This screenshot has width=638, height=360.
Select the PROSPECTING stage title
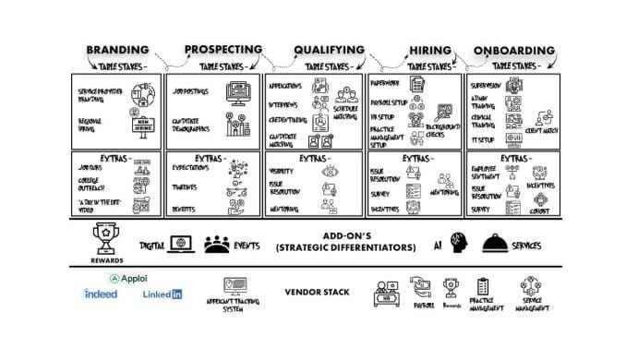coord(223,50)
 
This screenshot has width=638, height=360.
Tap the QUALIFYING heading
coord(330,50)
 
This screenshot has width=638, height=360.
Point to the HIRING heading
coord(429,50)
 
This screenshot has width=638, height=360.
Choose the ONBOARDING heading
coord(515,50)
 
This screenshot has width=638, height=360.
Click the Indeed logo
coord(100,294)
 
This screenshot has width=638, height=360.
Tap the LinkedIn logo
coord(163,294)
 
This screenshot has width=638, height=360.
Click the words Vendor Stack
coord(317,293)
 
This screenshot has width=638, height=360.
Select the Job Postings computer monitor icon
coord(238,95)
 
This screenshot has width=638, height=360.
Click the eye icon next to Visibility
coord(329,172)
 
